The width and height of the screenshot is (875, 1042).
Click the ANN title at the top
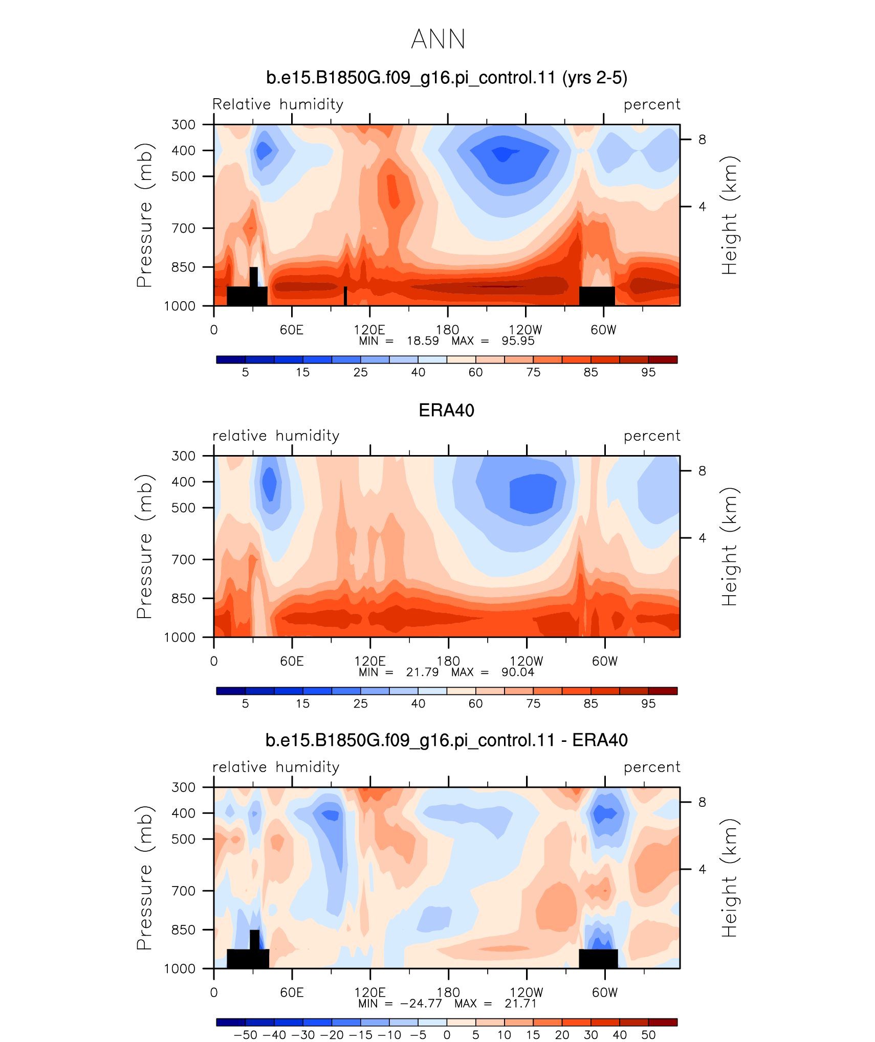tap(438, 39)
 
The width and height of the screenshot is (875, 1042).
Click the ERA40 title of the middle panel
tap(446, 411)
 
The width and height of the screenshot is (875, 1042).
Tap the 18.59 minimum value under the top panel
tap(423, 341)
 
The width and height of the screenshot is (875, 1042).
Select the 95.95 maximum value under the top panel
tap(518, 341)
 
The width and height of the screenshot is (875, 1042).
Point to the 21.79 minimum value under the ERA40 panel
tap(423, 672)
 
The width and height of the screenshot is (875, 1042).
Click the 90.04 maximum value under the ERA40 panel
tap(518, 672)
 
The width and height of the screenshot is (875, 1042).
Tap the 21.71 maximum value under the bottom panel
tap(520, 1004)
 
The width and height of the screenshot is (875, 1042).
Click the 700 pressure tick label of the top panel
tap(184, 228)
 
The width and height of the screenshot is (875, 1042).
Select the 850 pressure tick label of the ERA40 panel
tap(184, 598)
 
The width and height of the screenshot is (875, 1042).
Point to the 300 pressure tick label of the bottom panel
tap(184, 787)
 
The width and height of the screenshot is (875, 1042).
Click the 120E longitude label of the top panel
tap(369, 330)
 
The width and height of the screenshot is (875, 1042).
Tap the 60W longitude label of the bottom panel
tap(605, 992)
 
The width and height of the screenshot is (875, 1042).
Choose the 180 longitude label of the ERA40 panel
tap(448, 661)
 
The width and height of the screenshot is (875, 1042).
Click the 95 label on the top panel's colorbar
tap(648, 372)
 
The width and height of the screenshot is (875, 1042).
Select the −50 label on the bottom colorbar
tap(246, 1035)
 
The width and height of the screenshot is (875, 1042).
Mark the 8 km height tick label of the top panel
tap(702, 140)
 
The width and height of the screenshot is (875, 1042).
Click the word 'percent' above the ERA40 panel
tap(652, 436)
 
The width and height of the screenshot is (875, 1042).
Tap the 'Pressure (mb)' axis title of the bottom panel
tap(145, 878)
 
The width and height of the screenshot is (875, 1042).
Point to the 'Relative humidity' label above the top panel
tap(278, 104)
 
